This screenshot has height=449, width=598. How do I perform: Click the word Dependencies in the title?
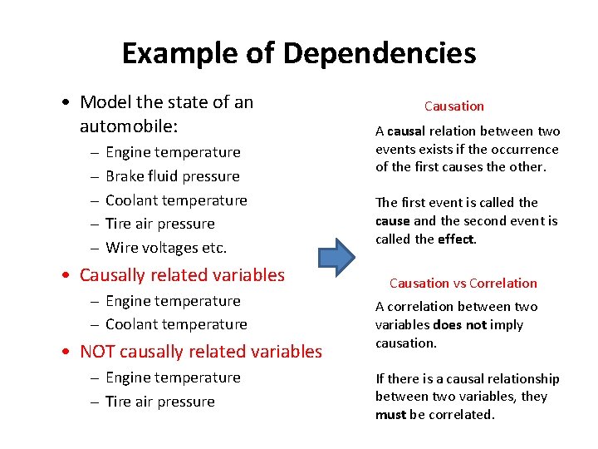pos(380,54)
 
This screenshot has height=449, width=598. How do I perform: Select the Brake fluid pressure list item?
pos(172,176)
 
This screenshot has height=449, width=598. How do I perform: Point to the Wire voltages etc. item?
pos(166,248)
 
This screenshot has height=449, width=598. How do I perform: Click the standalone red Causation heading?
pos(453,106)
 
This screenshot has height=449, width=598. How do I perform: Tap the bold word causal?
pos(405,131)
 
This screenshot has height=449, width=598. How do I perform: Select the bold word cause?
pos(392,221)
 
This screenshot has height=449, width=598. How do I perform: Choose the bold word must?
pos(390,414)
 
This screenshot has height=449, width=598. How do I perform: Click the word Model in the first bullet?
pos(105,102)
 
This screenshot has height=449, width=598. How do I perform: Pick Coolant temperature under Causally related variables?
pos(176,324)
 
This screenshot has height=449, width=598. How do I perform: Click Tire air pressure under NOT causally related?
pos(159,402)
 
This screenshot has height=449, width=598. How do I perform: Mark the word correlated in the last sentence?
pos(461,414)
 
